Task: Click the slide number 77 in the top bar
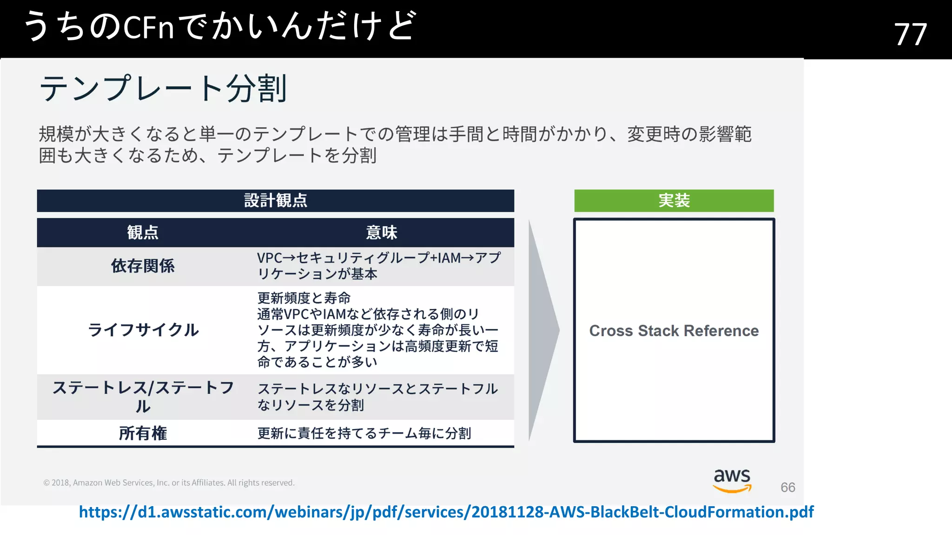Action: pyautogui.click(x=910, y=34)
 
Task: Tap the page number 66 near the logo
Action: pyautogui.click(x=787, y=487)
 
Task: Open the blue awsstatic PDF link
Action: pyautogui.click(x=446, y=512)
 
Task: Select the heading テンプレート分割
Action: pyautogui.click(x=163, y=88)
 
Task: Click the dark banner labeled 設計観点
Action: pyautogui.click(x=276, y=201)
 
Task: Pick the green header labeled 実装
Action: pyautogui.click(x=674, y=201)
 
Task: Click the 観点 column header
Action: pyautogui.click(x=143, y=232)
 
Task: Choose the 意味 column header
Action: pyautogui.click(x=381, y=232)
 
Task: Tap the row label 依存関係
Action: pyautogui.click(x=143, y=266)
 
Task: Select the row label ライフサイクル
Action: pyautogui.click(x=143, y=330)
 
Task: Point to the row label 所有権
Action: pyautogui.click(x=143, y=433)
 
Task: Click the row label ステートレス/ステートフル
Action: pyautogui.click(x=143, y=397)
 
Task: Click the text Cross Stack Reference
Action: pyautogui.click(x=674, y=331)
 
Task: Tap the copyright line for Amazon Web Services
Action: pyautogui.click(x=169, y=483)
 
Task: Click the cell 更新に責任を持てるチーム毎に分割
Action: pyautogui.click(x=364, y=433)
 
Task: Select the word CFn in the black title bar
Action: pyautogui.click(x=149, y=27)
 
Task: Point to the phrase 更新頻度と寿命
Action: pyautogui.click(x=304, y=298)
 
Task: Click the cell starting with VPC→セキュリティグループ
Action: pyautogui.click(x=379, y=266)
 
